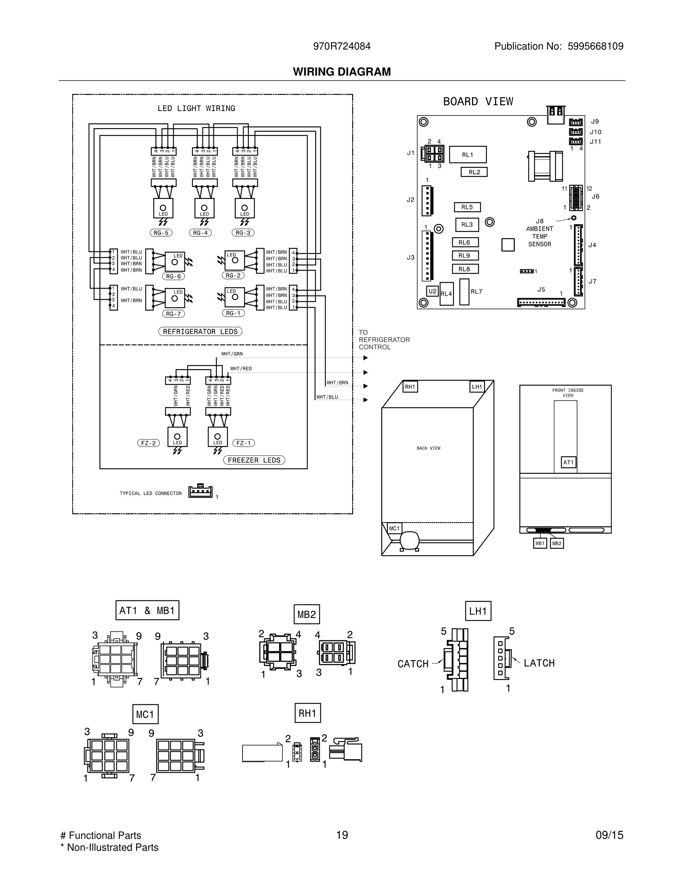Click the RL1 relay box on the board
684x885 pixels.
point(468,154)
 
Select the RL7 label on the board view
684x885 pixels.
point(476,291)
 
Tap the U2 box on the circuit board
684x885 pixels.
point(433,291)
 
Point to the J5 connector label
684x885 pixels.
point(541,289)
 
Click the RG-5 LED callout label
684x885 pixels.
point(161,232)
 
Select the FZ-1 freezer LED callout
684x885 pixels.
point(244,443)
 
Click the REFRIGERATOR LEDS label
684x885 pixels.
point(200,332)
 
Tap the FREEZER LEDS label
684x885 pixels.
point(254,460)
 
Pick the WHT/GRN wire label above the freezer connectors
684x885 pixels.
point(232,354)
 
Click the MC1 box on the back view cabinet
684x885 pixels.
point(394,529)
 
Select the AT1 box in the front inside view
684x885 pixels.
point(569,462)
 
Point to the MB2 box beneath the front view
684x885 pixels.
point(557,543)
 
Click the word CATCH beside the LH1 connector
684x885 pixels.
point(413,664)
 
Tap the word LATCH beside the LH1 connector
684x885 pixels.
point(539,663)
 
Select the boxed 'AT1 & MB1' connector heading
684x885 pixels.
point(147,610)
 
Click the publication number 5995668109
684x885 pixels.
point(595,46)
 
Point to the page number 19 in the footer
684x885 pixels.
point(342,835)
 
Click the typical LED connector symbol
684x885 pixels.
point(200,491)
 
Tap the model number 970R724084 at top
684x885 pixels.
point(342,46)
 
